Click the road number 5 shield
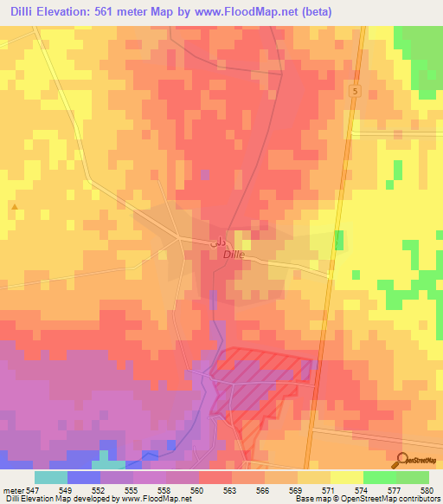355,91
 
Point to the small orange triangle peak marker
15,206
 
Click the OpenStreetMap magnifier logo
404,460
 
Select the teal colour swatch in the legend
51,477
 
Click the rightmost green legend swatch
413,477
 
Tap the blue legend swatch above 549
84,477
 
